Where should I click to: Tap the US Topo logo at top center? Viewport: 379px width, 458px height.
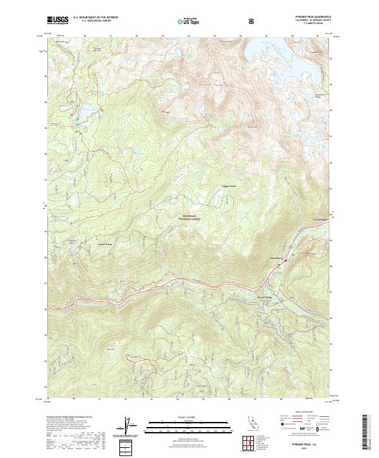tap(189, 21)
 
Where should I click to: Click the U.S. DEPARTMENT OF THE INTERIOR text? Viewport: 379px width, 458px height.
tap(96, 18)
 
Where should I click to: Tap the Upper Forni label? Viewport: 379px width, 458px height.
tap(210, 188)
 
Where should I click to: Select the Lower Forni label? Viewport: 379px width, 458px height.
tap(88, 243)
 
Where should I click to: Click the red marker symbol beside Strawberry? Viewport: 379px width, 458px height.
tap(285, 260)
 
